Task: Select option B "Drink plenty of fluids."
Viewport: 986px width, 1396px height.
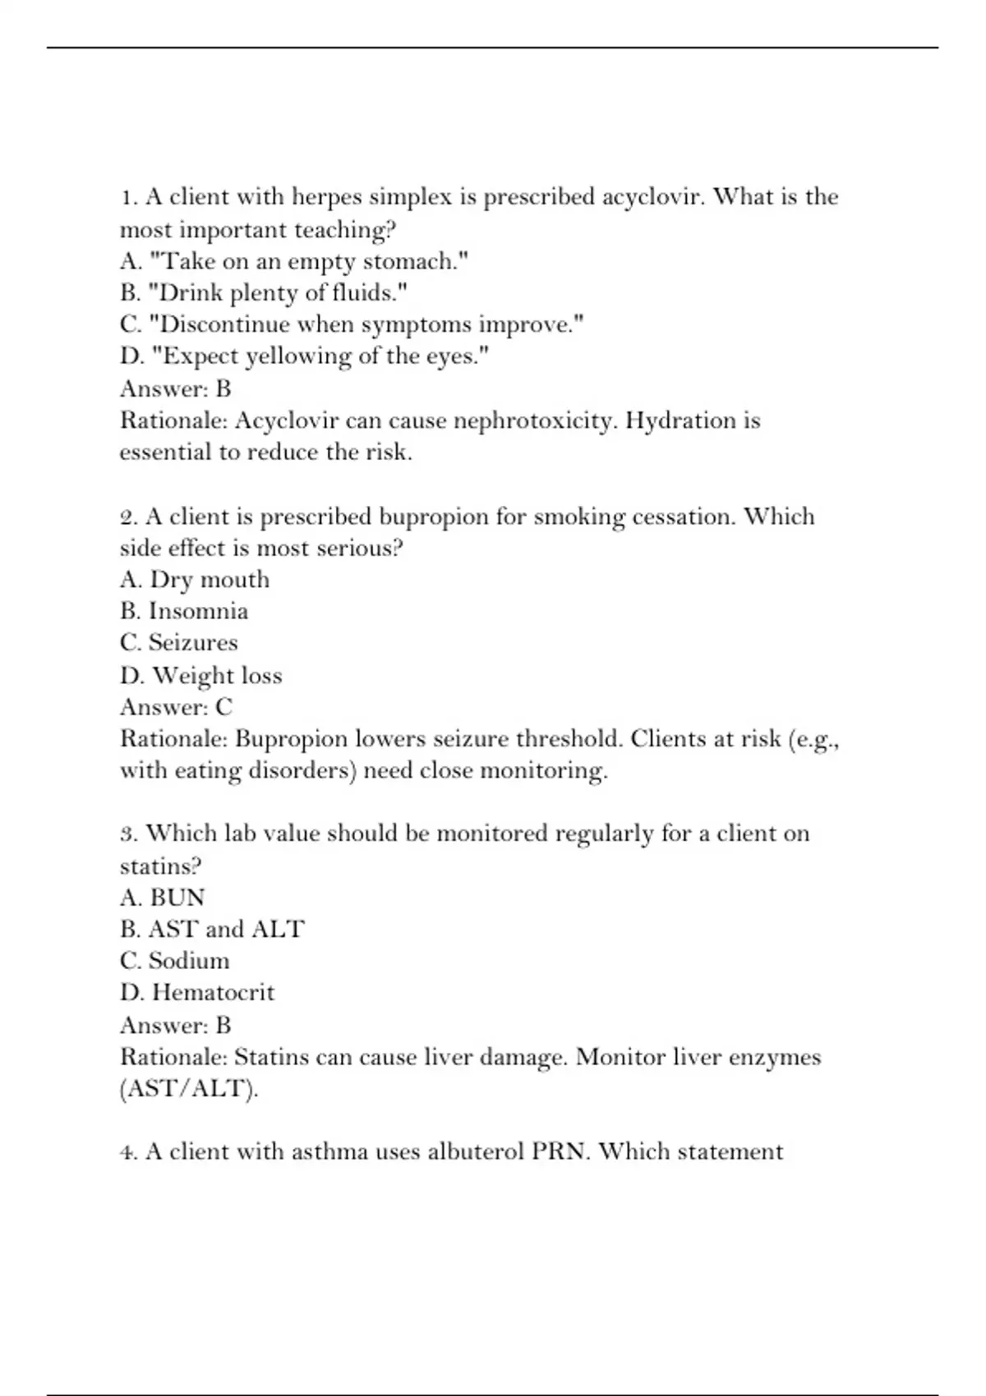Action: pyautogui.click(x=264, y=293)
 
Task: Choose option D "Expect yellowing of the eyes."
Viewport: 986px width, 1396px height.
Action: pyautogui.click(x=305, y=356)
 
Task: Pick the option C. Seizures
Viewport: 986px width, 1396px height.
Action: pyautogui.click(x=178, y=643)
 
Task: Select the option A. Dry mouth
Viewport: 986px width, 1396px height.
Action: pyautogui.click(x=195, y=580)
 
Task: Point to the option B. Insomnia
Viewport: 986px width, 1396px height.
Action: pyautogui.click(x=184, y=612)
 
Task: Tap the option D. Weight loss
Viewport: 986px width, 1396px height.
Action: pyautogui.click(x=201, y=676)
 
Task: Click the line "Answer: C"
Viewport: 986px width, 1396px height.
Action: pyautogui.click(x=176, y=707)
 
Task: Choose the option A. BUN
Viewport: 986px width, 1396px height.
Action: pyautogui.click(x=163, y=898)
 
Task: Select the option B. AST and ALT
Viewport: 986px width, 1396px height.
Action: pyautogui.click(x=212, y=930)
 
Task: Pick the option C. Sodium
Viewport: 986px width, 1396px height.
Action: pyautogui.click(x=175, y=961)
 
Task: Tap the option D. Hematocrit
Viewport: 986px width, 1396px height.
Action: pyautogui.click(x=197, y=993)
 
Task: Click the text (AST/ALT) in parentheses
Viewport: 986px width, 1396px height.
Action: pyautogui.click(x=188, y=1089)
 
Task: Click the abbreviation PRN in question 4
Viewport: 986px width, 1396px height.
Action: pyautogui.click(x=560, y=1151)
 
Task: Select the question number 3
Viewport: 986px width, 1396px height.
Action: pyautogui.click(x=128, y=834)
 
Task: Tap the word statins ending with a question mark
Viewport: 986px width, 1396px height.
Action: pyautogui.click(x=160, y=866)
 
